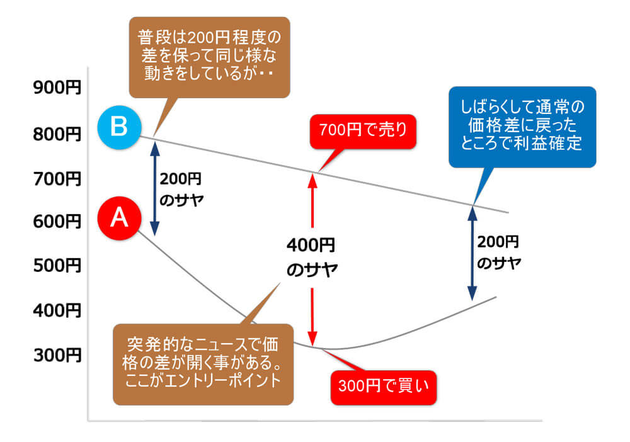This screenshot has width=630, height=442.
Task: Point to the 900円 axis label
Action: point(57,88)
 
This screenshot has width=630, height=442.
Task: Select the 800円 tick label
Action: point(57,133)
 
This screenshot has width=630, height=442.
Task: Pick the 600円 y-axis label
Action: point(57,222)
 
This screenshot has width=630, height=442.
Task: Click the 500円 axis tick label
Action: point(57,266)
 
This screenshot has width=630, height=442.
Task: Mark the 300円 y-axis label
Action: point(57,355)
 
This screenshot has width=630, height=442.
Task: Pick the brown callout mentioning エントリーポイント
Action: point(203,363)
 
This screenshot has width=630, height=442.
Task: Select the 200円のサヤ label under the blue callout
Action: point(498,252)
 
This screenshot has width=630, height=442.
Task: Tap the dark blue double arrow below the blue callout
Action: point(471,252)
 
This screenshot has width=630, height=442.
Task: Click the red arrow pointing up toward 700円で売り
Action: point(312,198)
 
